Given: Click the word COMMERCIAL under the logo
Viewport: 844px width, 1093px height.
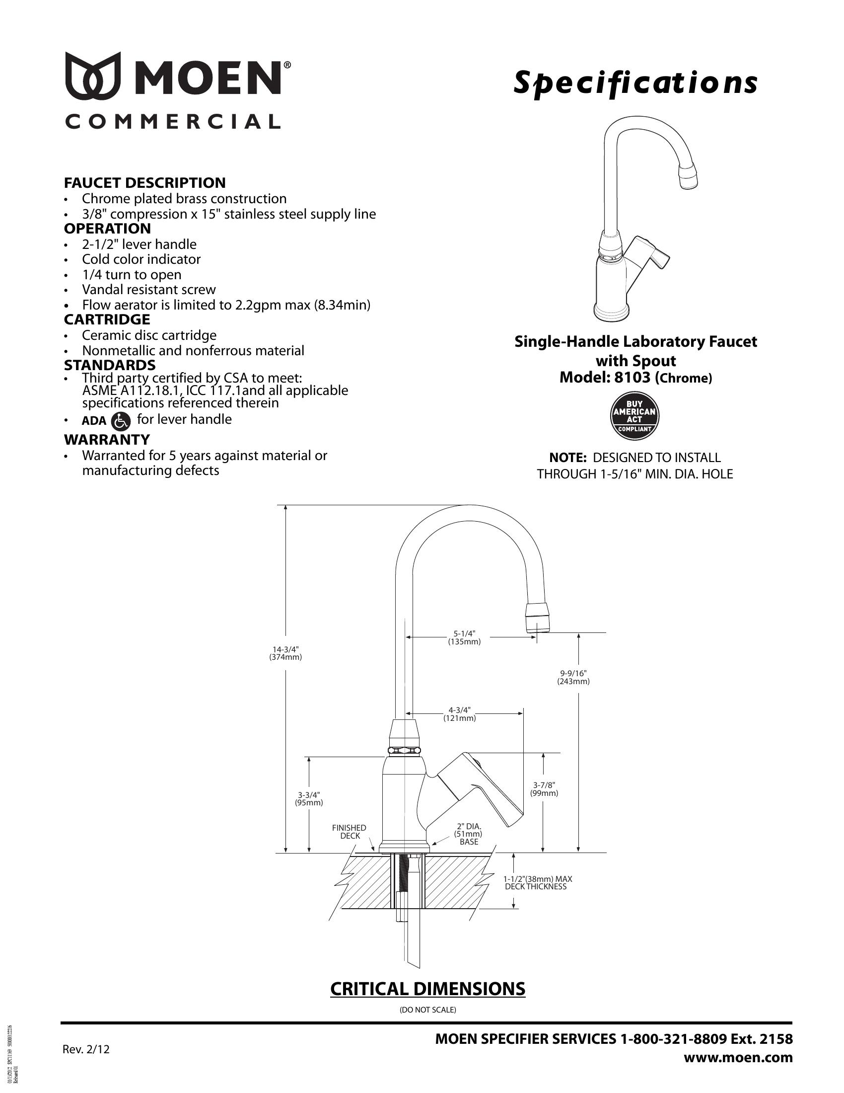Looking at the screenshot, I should point(172,122).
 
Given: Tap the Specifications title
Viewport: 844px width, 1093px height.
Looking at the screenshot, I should point(635,83).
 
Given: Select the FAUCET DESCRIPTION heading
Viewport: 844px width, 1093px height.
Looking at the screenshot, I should point(144,183).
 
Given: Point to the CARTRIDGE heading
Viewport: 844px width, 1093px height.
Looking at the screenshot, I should point(107,319).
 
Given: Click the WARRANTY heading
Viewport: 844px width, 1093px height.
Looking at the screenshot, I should point(107,439).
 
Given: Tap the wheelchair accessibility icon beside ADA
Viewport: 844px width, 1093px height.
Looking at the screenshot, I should point(121,421).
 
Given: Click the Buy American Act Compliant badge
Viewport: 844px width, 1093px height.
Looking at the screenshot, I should point(635,416).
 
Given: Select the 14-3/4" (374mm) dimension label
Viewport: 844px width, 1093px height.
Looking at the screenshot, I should point(285,653).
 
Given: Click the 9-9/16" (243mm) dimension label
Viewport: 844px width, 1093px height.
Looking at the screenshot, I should point(573,677).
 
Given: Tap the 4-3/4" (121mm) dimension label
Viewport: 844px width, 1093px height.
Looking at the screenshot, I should point(459,714).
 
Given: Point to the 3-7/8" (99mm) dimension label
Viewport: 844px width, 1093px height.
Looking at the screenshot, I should point(545,789).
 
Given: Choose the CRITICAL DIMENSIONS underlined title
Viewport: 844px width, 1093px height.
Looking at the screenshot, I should point(427,989).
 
